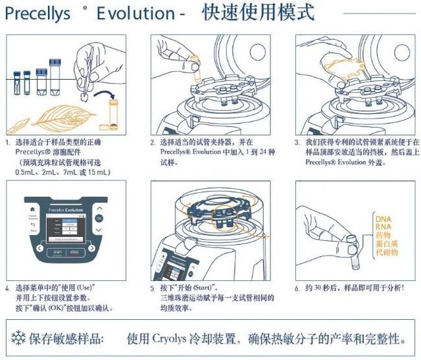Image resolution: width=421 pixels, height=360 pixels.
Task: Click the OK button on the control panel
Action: click(x=99, y=218)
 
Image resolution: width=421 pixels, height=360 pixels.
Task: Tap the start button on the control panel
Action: click(x=57, y=251)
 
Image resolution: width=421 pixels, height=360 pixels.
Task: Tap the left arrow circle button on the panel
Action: click(x=39, y=249)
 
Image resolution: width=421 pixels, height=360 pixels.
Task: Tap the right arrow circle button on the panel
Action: click(x=91, y=249)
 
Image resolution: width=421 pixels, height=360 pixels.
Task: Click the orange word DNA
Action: click(x=382, y=218)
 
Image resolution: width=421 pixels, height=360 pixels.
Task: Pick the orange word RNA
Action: click(x=382, y=226)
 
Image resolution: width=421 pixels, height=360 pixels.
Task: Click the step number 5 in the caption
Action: click(x=153, y=288)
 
